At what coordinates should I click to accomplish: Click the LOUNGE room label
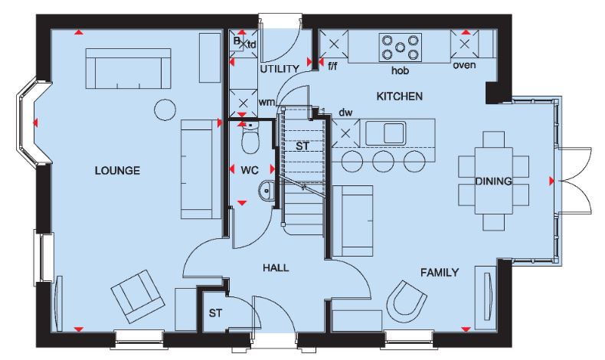(x=117, y=171)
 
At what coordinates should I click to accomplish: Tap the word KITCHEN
(x=399, y=96)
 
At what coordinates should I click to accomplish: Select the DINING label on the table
(x=493, y=181)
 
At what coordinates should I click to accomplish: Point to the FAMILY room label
(x=440, y=273)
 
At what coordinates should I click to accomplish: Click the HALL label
(x=276, y=268)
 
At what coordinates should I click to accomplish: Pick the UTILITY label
(x=280, y=69)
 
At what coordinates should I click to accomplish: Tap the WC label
(x=250, y=170)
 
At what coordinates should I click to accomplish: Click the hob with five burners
(x=400, y=47)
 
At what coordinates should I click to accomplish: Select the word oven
(x=465, y=65)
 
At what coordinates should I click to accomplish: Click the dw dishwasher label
(x=345, y=113)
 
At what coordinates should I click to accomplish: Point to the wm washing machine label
(x=267, y=102)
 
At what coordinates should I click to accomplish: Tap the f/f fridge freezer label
(x=332, y=67)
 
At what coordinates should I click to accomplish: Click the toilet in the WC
(x=250, y=138)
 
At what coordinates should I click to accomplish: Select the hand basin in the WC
(x=266, y=190)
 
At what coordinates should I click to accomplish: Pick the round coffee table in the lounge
(x=165, y=110)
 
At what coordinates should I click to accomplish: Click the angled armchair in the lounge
(x=136, y=296)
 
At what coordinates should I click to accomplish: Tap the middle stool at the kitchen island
(x=384, y=161)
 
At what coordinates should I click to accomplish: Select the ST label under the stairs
(x=302, y=146)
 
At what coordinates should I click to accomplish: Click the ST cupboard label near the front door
(x=216, y=313)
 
